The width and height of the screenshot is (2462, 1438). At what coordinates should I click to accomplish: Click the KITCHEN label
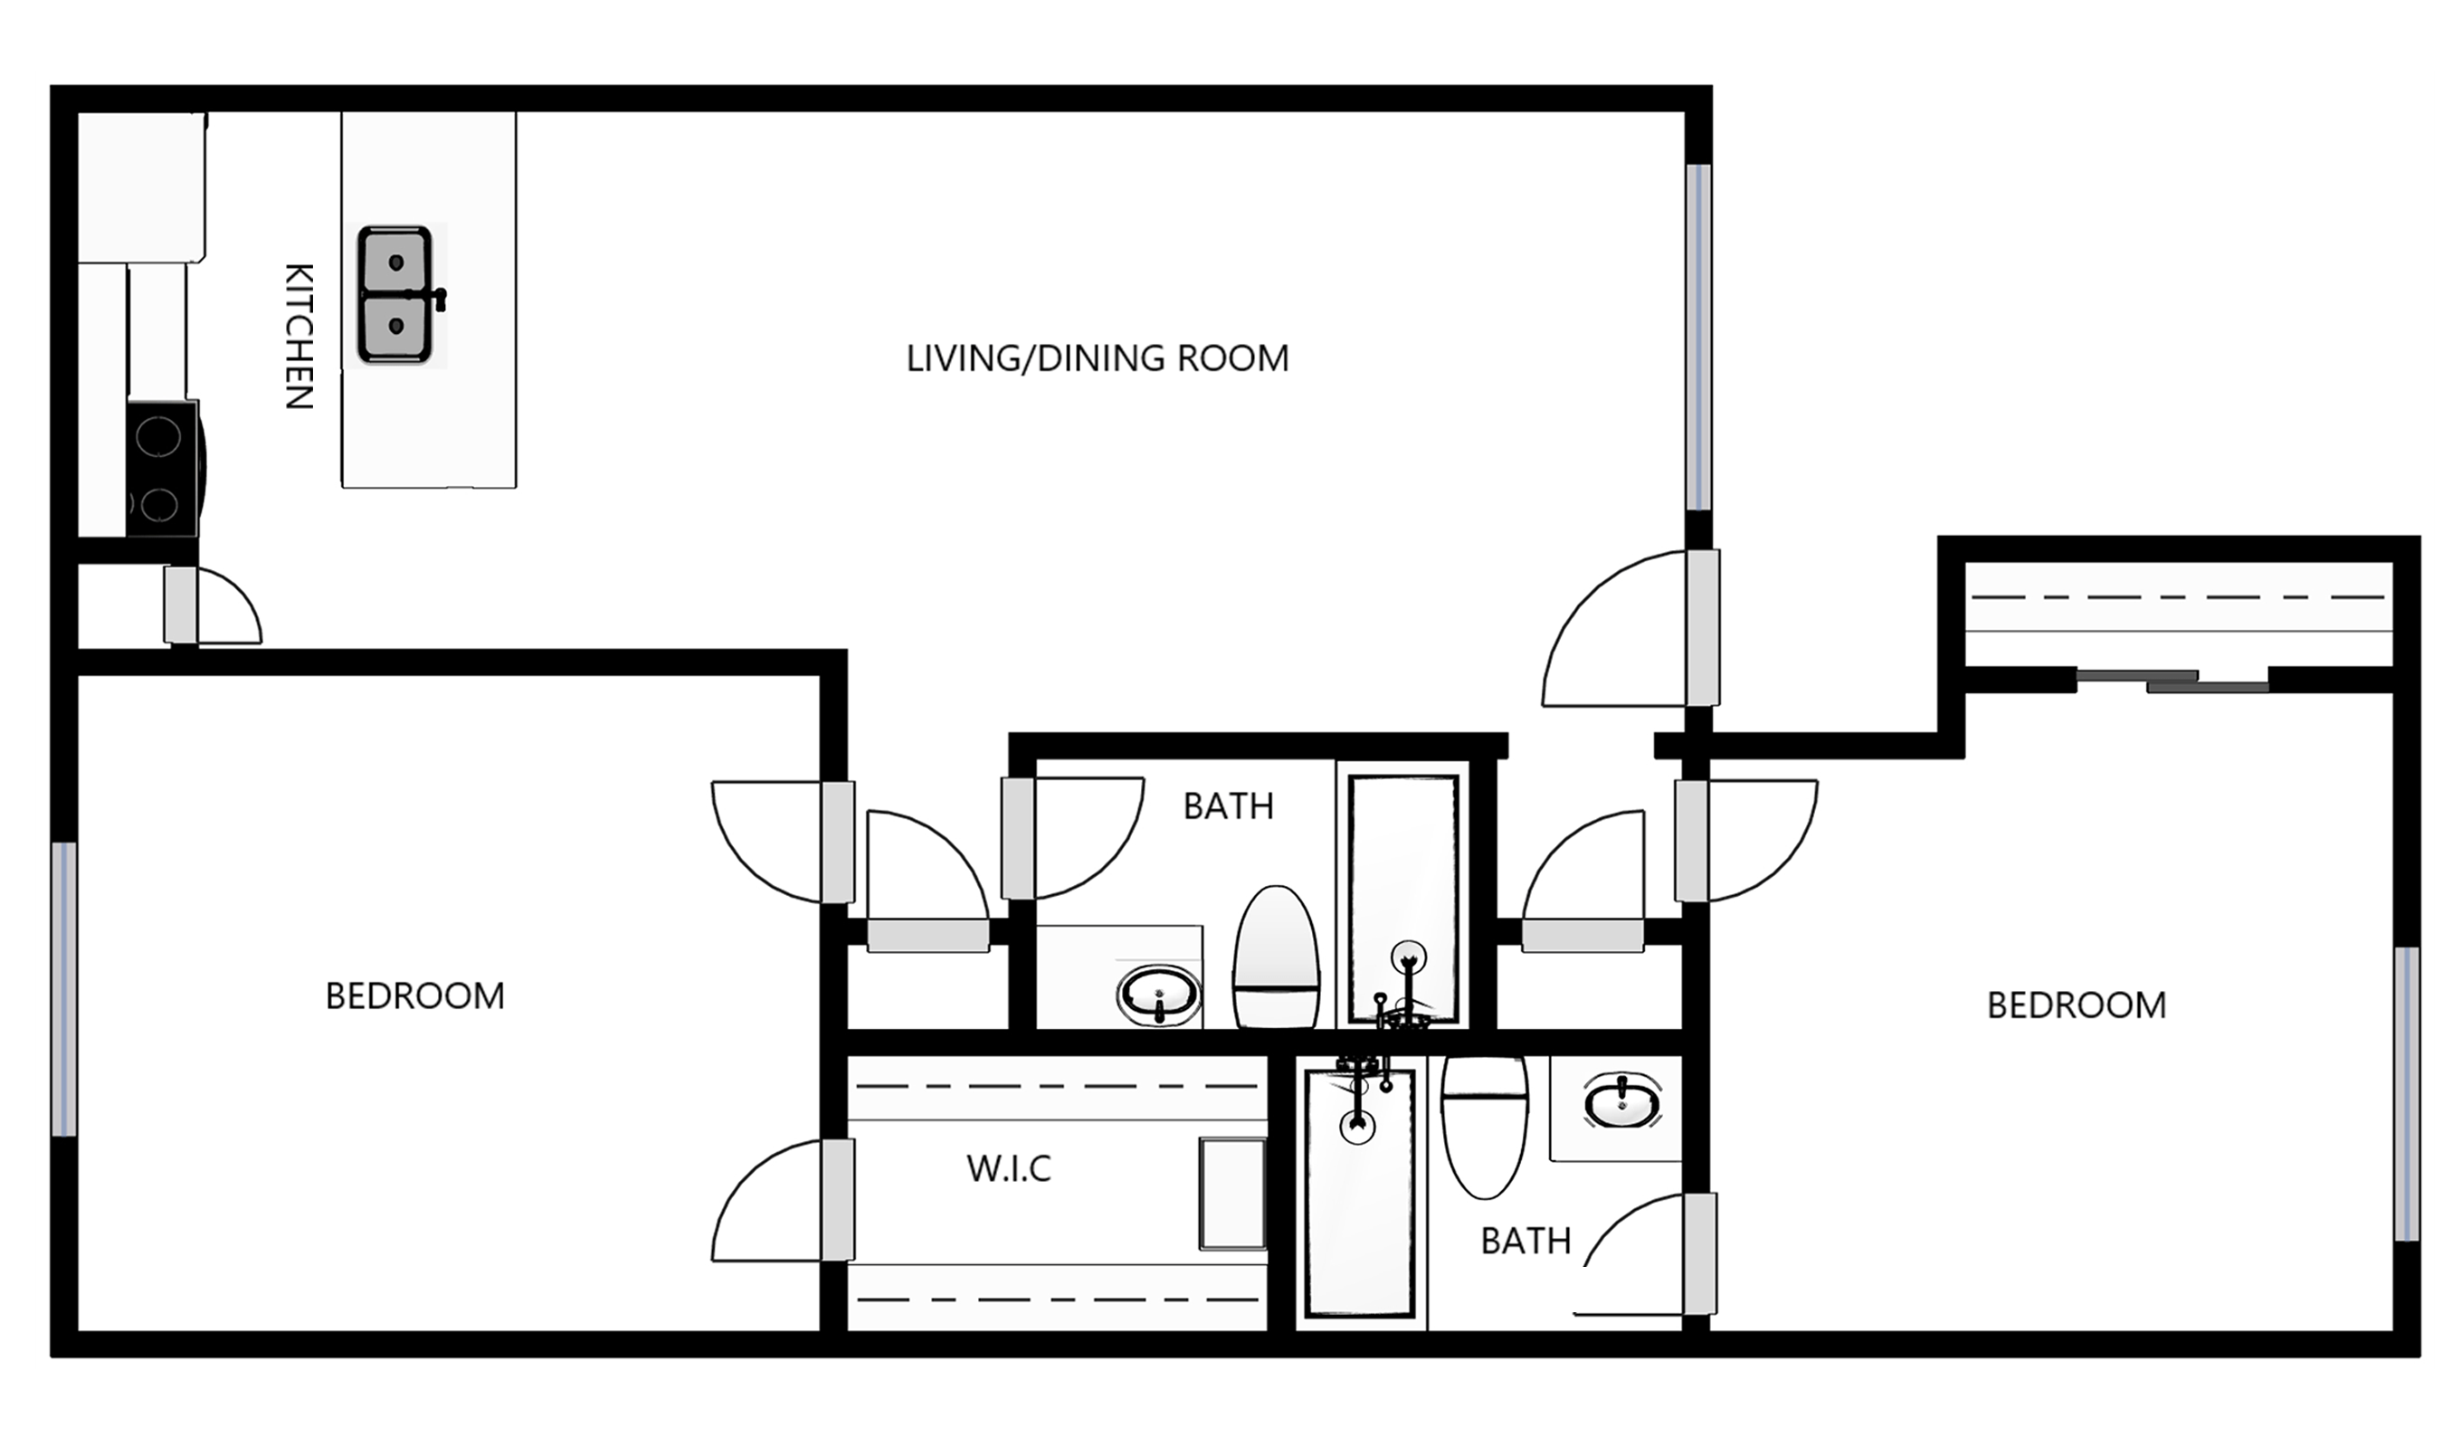click(x=299, y=336)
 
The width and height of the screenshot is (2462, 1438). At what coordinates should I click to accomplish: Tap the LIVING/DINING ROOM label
click(x=1098, y=358)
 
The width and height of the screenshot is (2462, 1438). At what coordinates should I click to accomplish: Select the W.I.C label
click(x=1008, y=1168)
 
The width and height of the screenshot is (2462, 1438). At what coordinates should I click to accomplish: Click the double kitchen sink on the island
click(x=395, y=294)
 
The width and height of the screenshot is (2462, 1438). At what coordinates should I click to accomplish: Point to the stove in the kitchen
click(x=162, y=468)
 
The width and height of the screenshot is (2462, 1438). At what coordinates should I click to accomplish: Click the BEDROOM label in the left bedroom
click(x=414, y=996)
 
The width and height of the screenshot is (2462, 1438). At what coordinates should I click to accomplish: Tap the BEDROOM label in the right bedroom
click(x=2076, y=1005)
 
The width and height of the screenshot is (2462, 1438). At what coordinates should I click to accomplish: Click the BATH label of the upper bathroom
click(x=1228, y=806)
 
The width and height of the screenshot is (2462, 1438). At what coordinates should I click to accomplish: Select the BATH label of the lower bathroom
click(x=1526, y=1241)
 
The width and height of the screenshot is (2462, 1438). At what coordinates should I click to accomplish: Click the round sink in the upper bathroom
click(x=1159, y=995)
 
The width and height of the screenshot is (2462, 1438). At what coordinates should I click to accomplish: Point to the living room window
click(x=1699, y=337)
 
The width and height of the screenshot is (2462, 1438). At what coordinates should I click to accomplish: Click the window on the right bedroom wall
click(x=2405, y=1093)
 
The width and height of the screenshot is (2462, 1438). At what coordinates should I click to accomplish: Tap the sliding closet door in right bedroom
click(x=2172, y=681)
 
